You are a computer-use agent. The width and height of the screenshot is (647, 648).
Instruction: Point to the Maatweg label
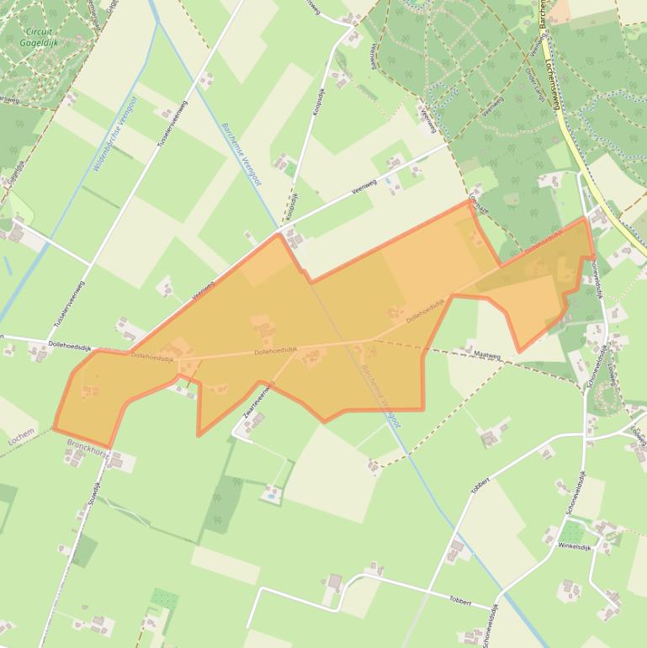pyautogui.click(x=487, y=356)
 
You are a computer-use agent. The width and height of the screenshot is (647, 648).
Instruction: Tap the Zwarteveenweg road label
pyautogui.click(x=258, y=402)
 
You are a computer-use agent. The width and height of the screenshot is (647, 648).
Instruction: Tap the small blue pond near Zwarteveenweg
pyautogui.click(x=269, y=497)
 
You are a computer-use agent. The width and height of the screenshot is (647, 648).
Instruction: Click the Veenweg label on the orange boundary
pyautogui.click(x=203, y=290)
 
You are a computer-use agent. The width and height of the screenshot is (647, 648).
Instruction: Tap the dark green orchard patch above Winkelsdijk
pyautogui.click(x=572, y=531)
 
